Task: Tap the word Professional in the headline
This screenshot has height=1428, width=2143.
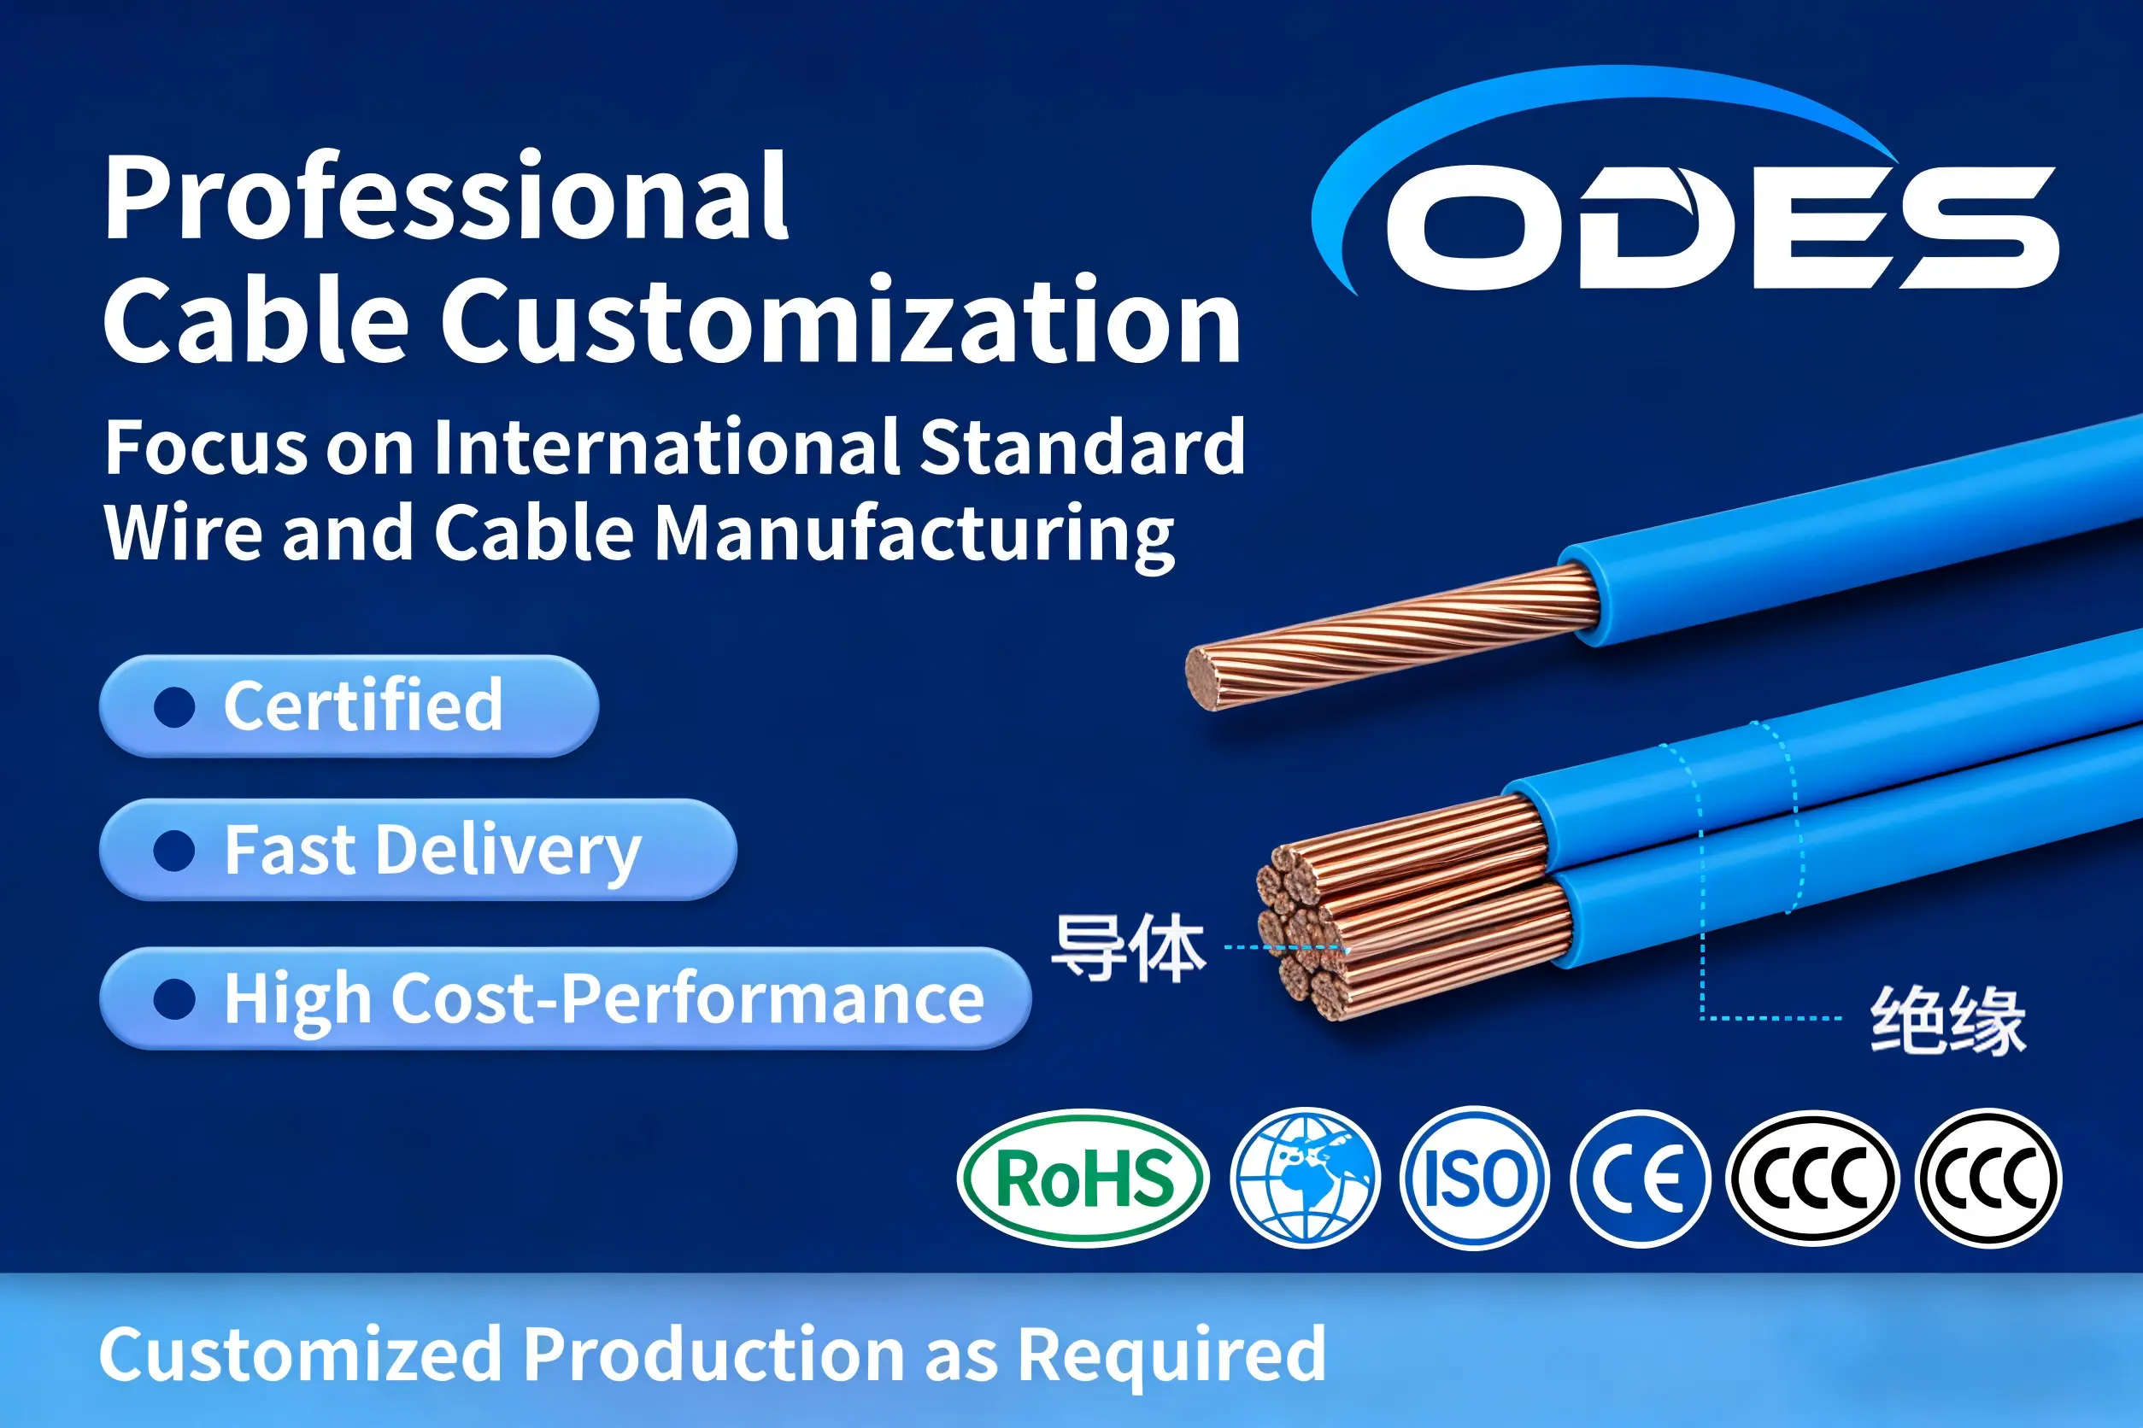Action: point(445,197)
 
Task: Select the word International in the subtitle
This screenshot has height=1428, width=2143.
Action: point(670,448)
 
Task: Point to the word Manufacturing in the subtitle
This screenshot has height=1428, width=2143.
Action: point(914,534)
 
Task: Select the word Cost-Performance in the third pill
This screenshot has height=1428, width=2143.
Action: point(689,998)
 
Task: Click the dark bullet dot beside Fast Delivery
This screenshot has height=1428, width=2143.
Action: point(174,852)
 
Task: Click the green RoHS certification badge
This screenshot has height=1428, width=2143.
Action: point(1083,1179)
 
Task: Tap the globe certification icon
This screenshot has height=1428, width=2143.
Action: point(1305,1179)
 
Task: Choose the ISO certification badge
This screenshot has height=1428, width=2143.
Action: point(1473,1179)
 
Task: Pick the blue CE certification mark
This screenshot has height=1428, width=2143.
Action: point(1639,1179)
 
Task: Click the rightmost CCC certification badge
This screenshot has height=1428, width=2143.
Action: point(1988,1179)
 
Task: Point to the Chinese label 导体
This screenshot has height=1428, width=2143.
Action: point(1128,948)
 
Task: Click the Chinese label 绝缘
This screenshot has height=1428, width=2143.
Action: point(1948,1020)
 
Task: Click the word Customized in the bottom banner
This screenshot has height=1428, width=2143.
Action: point(300,1355)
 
